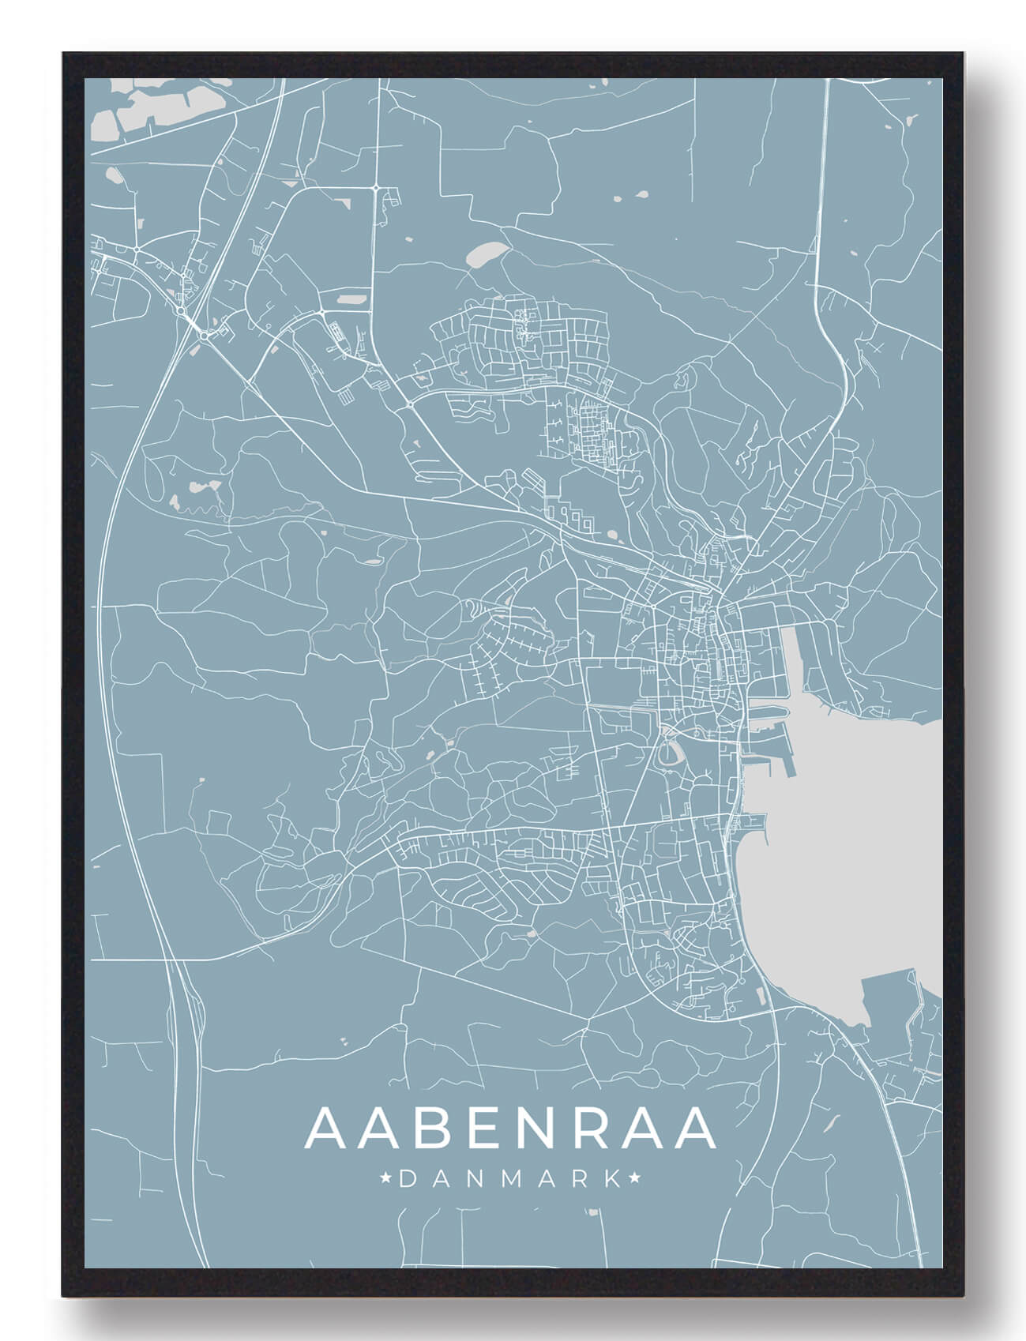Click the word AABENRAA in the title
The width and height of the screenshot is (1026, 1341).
tap(511, 1129)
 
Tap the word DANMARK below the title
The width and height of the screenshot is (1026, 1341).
tap(511, 1179)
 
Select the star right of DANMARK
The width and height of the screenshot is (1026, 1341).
tap(636, 1179)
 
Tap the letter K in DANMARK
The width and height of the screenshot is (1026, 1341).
tap(612, 1179)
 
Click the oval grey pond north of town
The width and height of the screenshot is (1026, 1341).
tap(483, 254)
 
